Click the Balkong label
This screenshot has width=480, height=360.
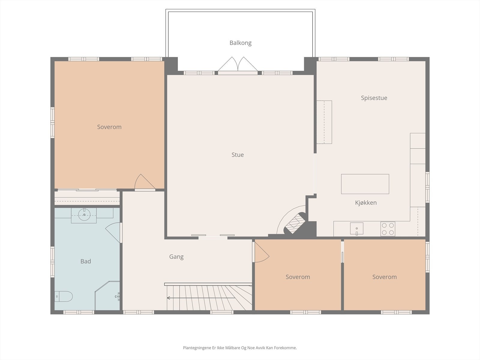[x=240, y=43]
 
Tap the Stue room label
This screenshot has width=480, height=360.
[x=238, y=155]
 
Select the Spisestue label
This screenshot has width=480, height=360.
[x=374, y=98]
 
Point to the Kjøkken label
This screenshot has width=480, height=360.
[x=366, y=202]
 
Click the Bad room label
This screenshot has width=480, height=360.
[x=85, y=261]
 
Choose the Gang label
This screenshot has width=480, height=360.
[x=176, y=256]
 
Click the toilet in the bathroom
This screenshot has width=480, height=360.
[x=63, y=296]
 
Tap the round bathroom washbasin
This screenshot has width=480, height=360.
[x=84, y=214]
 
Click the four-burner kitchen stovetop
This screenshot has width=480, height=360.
[x=388, y=229]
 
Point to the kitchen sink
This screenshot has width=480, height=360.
[x=356, y=229]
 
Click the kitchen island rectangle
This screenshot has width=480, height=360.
[x=365, y=184]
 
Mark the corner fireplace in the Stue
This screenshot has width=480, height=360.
[x=294, y=223]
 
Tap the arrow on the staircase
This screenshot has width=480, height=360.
[x=201, y=298]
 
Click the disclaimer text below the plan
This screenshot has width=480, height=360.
[x=240, y=348]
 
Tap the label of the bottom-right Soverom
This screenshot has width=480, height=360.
[x=384, y=277]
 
